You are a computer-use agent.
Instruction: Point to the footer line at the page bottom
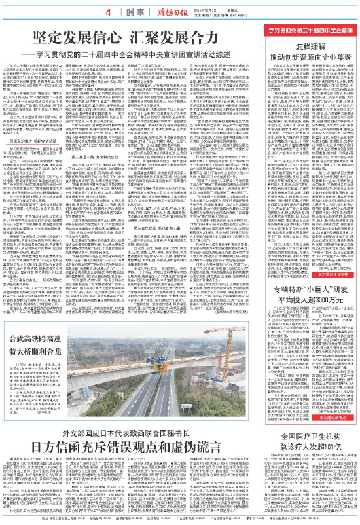(180, 521)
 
